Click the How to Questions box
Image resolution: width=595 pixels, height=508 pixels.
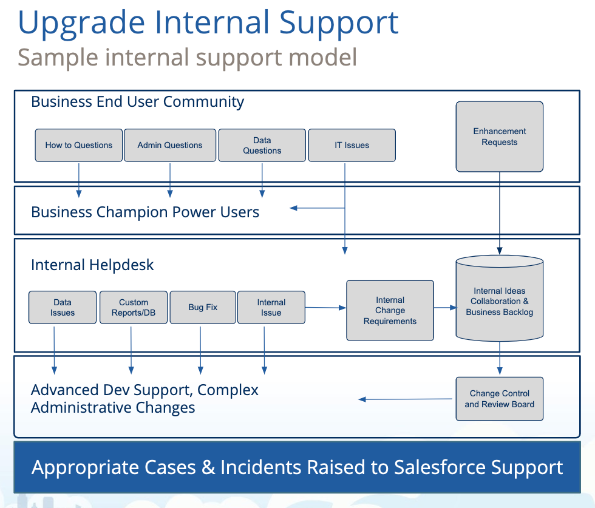79,145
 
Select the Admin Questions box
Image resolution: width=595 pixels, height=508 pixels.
170,145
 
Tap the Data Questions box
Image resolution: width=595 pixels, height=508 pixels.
262,145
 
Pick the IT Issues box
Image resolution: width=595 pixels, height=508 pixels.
352,145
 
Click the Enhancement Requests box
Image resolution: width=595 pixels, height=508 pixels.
499,137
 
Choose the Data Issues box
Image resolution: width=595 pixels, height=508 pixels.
63,307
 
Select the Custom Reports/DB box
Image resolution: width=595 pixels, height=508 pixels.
134,307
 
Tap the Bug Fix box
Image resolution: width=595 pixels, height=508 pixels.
203,307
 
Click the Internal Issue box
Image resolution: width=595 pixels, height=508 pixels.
271,307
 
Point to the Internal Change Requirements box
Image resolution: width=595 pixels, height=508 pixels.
390,310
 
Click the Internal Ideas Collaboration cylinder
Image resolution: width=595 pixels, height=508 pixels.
499,299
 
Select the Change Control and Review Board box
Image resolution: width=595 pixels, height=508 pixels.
499,399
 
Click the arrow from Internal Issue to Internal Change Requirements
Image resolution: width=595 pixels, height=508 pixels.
325,308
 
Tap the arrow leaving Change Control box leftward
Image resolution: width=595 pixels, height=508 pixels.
406,399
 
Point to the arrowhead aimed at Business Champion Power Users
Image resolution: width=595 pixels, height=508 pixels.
293,208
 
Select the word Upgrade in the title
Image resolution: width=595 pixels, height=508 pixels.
81,24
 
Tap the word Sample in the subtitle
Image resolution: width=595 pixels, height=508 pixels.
58,58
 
